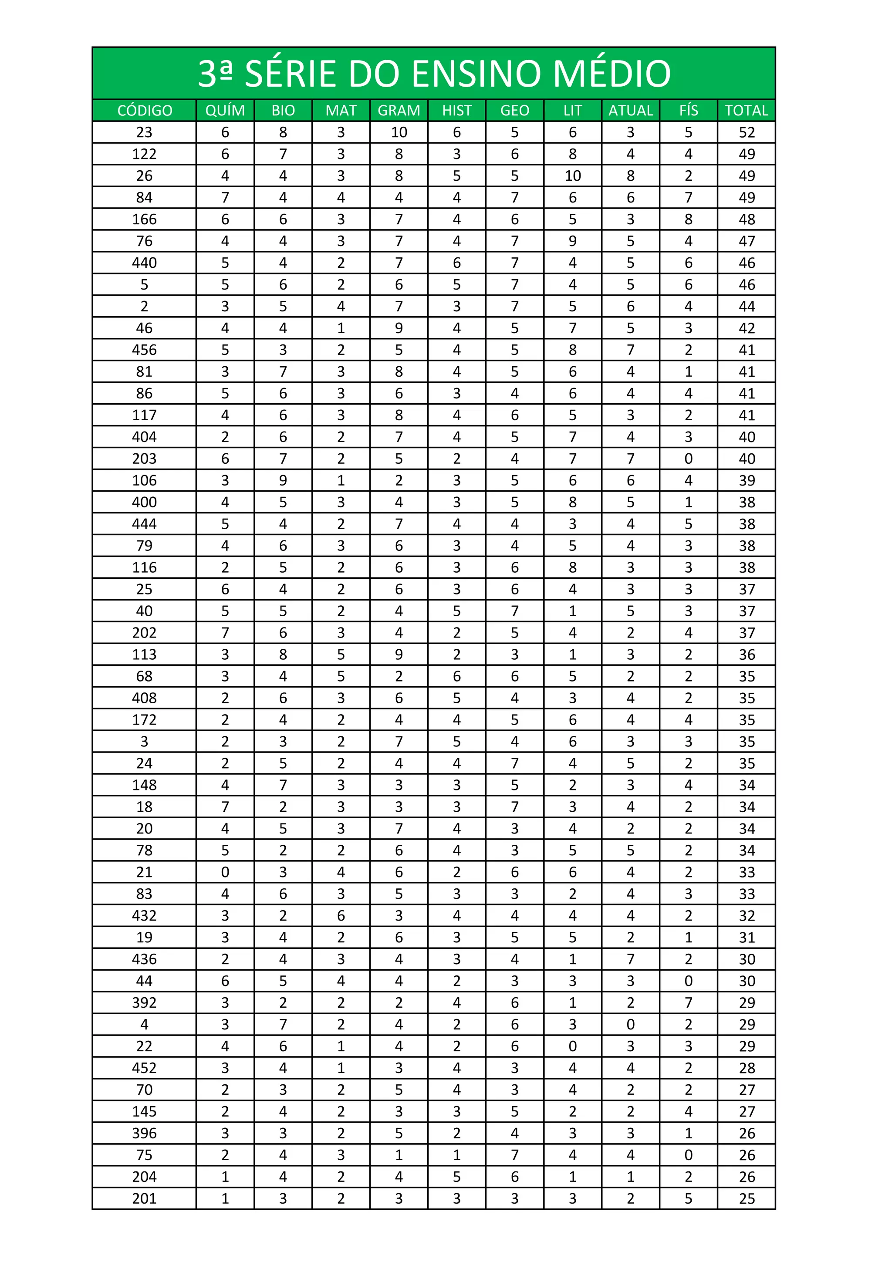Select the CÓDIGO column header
point(145,111)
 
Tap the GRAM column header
point(399,111)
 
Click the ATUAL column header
point(630,111)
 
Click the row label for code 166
point(145,219)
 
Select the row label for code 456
point(145,350)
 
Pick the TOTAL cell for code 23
point(747,132)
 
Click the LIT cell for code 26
point(572,176)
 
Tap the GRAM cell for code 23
point(399,132)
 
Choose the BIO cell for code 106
point(283,480)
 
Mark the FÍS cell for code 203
point(688,459)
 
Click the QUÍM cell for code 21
point(225,872)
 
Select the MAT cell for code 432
point(341,915)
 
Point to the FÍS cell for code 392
point(688,1002)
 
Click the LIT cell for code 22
point(572,1046)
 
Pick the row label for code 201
point(145,1198)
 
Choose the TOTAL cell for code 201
point(747,1198)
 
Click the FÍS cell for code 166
point(688,219)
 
